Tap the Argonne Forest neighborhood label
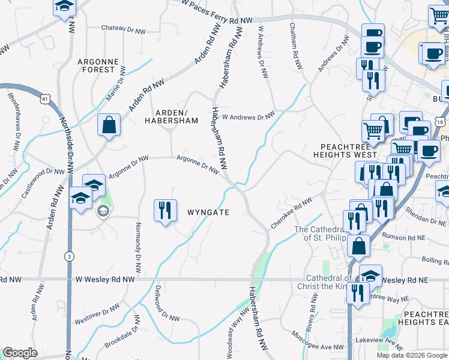pyautogui.click(x=95, y=65)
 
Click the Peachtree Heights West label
pyautogui.click(x=348, y=150)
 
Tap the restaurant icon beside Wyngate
pyautogui.click(x=165, y=211)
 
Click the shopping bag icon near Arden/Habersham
pyautogui.click(x=110, y=126)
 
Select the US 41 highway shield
pyautogui.click(x=46, y=98)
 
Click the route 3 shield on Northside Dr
pyautogui.click(x=70, y=256)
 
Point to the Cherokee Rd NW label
pyautogui.click(x=292, y=212)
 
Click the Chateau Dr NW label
pyautogui.click(x=124, y=29)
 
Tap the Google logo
pyautogui.click(x=20, y=353)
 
